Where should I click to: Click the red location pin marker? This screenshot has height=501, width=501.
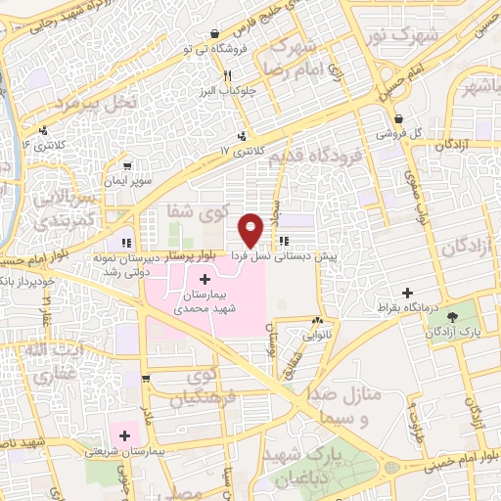coord(251,229)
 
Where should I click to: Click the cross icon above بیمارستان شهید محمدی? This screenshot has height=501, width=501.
coord(204,280)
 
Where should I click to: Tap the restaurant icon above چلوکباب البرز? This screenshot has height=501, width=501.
coord(226,75)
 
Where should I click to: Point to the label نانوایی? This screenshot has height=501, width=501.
coord(317,334)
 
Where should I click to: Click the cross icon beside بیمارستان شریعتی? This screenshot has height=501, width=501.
coord(124,434)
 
